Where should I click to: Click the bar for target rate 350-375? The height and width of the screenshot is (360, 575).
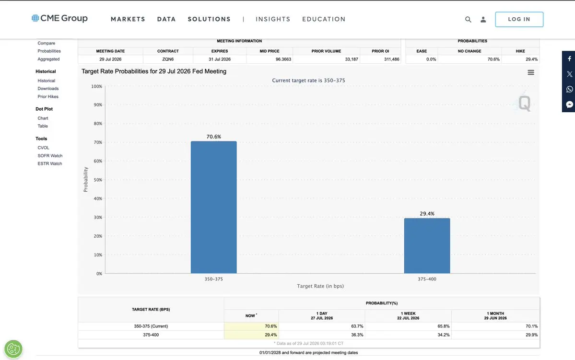[x=213, y=207]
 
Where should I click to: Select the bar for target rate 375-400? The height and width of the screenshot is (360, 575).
[x=427, y=245]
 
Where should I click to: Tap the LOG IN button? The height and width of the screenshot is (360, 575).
[x=519, y=20]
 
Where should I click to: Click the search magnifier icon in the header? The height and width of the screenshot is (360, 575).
[x=468, y=20]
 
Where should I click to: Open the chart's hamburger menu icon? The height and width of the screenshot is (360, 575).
[x=530, y=72]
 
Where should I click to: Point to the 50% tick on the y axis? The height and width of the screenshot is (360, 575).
[x=98, y=180]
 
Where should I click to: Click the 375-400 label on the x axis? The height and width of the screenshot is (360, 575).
[x=427, y=279]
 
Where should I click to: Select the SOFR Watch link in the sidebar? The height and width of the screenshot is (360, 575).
[x=50, y=156]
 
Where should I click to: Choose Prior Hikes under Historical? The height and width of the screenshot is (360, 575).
[x=47, y=97]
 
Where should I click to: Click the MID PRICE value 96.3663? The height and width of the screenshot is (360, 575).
[x=283, y=59]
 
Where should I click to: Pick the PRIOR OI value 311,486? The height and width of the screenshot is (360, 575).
[x=392, y=59]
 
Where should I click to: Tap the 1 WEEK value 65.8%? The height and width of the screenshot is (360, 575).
[x=443, y=326]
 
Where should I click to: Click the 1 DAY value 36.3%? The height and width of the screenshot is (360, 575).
[x=357, y=335]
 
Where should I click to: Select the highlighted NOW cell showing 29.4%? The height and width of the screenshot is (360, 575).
[x=251, y=335]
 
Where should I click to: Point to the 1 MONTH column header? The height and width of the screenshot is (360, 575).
[x=495, y=315]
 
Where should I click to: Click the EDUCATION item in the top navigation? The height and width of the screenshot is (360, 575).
[x=324, y=19]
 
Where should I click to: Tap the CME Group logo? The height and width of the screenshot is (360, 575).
[x=59, y=18]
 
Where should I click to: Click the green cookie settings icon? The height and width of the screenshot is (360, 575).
[x=13, y=348]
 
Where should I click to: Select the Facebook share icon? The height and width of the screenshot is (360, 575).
[x=569, y=58]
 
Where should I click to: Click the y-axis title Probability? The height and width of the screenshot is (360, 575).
[x=86, y=179]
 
